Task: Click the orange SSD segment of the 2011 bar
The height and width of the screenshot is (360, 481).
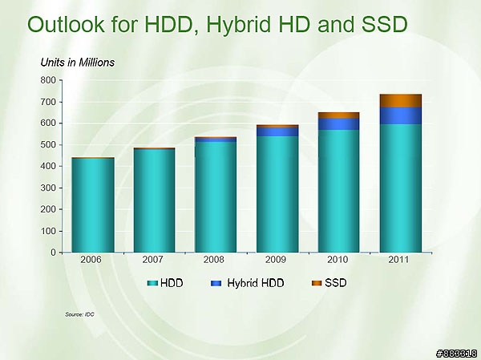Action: click(401, 101)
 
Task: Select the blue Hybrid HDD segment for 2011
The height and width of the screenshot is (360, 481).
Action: click(401, 115)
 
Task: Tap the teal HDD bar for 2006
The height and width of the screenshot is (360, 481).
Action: click(93, 205)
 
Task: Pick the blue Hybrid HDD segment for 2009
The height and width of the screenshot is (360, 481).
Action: click(277, 131)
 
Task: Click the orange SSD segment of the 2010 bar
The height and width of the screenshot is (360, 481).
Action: click(338, 115)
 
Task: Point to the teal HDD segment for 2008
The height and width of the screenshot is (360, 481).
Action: click(216, 197)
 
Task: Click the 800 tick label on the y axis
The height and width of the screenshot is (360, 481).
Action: click(48, 80)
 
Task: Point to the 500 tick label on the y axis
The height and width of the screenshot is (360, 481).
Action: click(48, 145)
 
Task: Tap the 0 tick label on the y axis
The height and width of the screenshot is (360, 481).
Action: click(54, 253)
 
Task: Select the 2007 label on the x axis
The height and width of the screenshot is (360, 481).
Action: click(152, 260)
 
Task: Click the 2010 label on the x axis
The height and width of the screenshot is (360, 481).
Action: click(338, 260)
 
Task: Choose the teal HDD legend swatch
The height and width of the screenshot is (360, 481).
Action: click(152, 283)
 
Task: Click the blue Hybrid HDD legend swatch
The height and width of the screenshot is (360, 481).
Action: click(216, 283)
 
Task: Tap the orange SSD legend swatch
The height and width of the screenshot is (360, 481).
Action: click(317, 283)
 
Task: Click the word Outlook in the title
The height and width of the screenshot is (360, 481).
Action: click(66, 24)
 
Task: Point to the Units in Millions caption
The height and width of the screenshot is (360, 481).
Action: click(78, 63)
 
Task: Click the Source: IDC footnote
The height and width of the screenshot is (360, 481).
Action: click(79, 314)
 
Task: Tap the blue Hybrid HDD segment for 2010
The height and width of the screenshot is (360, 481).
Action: click(338, 124)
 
